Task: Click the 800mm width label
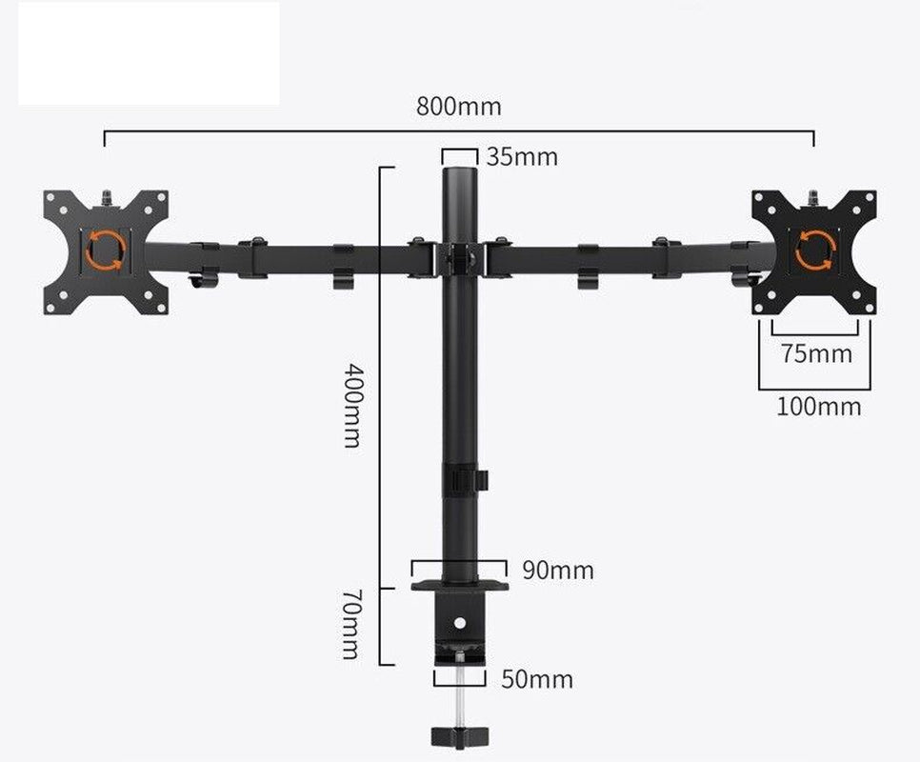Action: coord(458,106)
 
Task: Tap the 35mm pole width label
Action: coord(521,156)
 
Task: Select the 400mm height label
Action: coord(351,405)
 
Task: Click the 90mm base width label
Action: coord(557,571)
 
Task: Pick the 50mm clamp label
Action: coord(537,679)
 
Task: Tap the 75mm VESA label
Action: coord(816,353)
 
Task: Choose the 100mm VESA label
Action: coord(818,407)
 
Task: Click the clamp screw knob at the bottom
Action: coord(459,736)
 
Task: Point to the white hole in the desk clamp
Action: coord(460,623)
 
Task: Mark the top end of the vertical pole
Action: coord(459,174)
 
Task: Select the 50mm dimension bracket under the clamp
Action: coord(460,677)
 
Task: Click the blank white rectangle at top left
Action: coord(149,52)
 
